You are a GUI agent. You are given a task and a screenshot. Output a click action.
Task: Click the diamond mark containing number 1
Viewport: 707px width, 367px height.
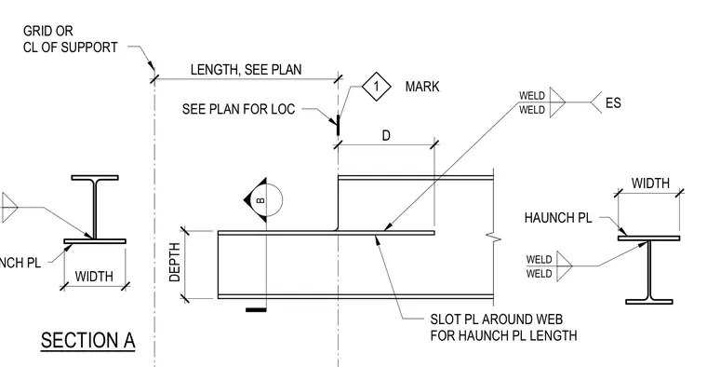click(377, 87)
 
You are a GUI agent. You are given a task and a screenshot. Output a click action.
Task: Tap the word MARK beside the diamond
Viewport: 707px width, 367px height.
click(422, 87)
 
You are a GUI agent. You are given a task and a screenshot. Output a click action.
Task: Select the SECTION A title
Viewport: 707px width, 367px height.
click(88, 341)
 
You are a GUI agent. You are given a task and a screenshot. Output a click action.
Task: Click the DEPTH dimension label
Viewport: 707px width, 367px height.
click(175, 263)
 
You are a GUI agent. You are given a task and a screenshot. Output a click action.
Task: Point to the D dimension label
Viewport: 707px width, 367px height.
click(386, 135)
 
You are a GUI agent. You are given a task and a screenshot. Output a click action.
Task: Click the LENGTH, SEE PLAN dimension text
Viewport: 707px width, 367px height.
click(246, 70)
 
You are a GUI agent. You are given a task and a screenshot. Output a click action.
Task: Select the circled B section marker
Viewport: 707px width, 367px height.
click(263, 200)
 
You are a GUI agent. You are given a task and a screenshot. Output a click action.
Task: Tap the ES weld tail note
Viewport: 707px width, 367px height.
click(613, 102)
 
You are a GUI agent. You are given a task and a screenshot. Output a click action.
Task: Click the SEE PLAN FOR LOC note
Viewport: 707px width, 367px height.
click(238, 109)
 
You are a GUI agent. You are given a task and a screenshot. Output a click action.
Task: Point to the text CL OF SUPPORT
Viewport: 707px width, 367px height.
click(71, 48)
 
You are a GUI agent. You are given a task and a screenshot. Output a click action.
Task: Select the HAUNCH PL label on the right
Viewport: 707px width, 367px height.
click(558, 218)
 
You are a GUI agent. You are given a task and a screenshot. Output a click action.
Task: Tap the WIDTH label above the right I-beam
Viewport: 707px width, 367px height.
click(650, 183)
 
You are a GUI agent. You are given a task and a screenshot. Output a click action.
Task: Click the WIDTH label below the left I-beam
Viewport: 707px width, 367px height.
click(94, 277)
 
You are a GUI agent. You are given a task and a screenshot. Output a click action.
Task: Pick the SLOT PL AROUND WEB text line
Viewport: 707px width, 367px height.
click(497, 319)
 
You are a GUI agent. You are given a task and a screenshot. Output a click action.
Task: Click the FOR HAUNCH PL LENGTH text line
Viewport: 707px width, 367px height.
click(503, 336)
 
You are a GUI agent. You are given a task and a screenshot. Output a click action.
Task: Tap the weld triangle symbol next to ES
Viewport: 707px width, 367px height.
click(557, 102)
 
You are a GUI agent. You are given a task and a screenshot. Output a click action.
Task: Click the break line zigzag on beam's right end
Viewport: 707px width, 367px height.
click(494, 237)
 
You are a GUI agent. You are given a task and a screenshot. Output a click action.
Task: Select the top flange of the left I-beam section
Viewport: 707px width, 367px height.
click(95, 178)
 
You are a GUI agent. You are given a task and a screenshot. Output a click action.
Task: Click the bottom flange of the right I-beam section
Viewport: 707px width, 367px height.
click(649, 302)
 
